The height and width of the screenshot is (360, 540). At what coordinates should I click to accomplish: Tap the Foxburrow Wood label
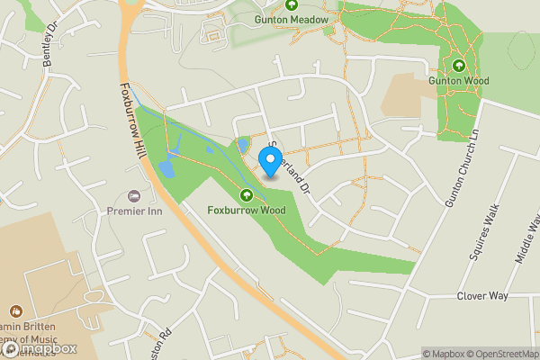click(246, 211)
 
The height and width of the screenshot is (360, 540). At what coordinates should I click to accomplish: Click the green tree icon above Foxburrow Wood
click(246, 195)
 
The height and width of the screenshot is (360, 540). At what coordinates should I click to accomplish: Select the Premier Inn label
click(135, 210)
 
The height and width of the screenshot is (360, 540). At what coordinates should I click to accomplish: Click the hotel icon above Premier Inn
click(135, 195)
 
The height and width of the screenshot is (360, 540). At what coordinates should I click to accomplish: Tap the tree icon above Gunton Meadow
click(292, 4)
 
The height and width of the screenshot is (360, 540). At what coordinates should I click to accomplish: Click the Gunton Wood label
click(458, 80)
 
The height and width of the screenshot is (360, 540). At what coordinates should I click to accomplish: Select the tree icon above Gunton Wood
click(458, 65)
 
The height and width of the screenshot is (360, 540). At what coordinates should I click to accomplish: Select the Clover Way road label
click(482, 296)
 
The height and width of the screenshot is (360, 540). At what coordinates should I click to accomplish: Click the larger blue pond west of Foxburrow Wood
click(167, 166)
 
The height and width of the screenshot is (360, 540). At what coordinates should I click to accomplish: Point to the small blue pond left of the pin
click(241, 145)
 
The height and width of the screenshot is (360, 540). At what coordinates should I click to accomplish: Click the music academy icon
click(16, 311)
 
